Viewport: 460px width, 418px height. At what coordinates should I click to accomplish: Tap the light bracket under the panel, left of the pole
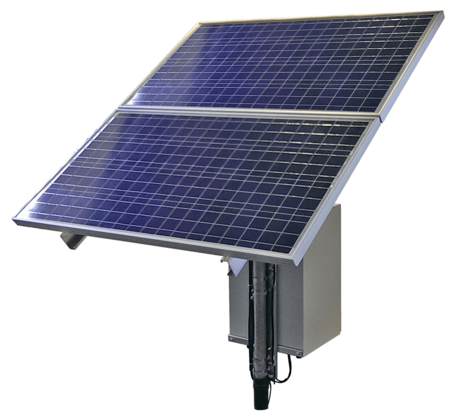pyautogui.click(x=236, y=265)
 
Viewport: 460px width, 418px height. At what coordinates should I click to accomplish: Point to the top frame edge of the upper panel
pyautogui.click(x=320, y=16)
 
